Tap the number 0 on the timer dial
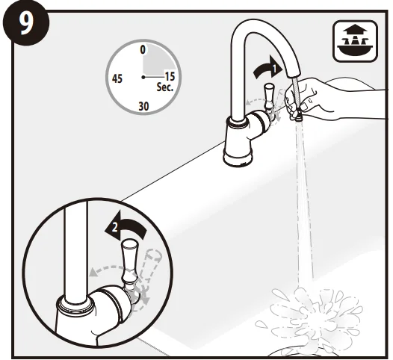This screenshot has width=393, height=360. (x=142, y=49)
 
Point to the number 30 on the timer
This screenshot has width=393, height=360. (x=142, y=106)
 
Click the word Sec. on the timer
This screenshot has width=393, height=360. (x=165, y=87)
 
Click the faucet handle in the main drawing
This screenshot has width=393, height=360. (x=267, y=97)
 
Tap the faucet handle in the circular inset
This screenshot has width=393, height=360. (x=131, y=258)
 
